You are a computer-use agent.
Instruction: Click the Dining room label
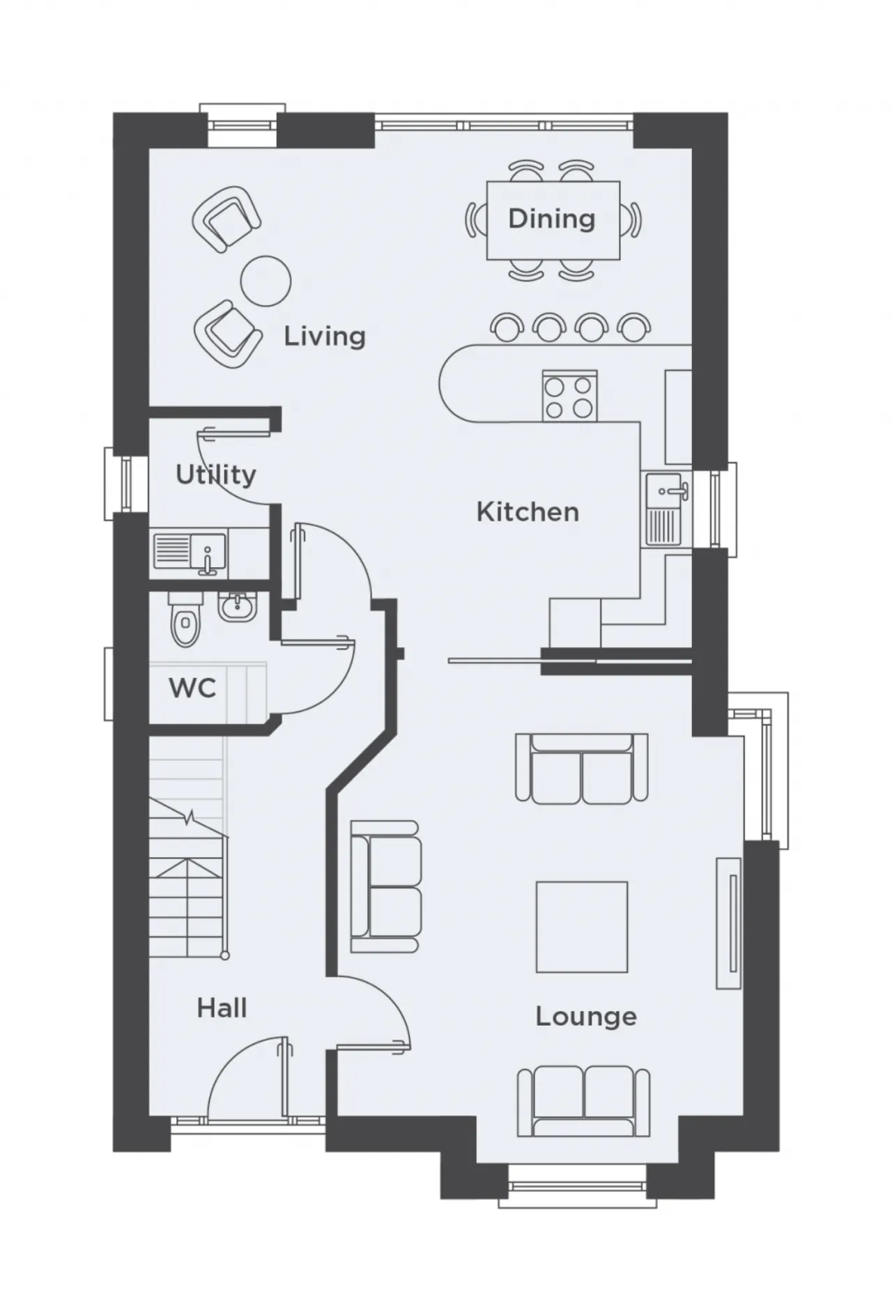click(551, 219)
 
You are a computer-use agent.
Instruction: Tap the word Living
click(325, 337)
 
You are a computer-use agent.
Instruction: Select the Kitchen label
click(528, 512)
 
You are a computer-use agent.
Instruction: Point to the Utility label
click(216, 475)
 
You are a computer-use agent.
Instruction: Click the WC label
click(192, 688)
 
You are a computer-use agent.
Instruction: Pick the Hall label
click(222, 1008)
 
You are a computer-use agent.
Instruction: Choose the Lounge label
click(586, 1017)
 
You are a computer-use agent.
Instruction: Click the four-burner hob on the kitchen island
click(569, 396)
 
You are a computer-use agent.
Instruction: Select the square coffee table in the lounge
click(582, 927)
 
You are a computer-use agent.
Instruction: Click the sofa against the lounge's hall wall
click(385, 886)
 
